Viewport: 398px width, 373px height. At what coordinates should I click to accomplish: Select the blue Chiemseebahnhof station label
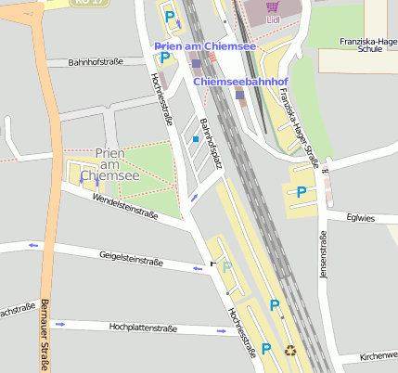(x=241, y=83)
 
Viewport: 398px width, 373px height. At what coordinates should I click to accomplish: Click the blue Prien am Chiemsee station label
(x=205, y=46)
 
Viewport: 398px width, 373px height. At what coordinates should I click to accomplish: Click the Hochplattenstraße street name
(x=143, y=327)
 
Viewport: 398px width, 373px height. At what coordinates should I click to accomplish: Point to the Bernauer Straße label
(x=44, y=334)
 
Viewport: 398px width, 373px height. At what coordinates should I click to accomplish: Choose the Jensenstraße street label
(x=324, y=259)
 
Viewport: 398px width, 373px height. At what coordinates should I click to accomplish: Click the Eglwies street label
(x=357, y=218)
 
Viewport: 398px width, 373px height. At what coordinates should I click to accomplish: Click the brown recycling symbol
(x=290, y=351)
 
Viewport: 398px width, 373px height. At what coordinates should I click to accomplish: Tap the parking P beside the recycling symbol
(x=266, y=349)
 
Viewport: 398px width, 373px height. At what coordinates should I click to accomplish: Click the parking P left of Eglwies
(x=302, y=192)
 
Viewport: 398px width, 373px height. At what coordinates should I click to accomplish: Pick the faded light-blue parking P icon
(x=226, y=267)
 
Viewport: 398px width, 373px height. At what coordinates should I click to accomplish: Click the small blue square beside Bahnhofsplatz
(x=196, y=139)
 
